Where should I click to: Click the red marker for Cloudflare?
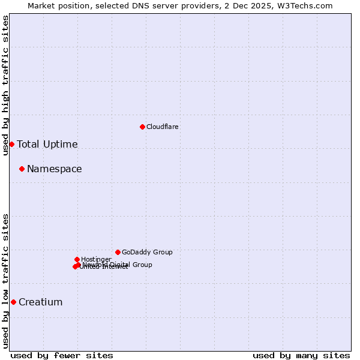coord(142,127)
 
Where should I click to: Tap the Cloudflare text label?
coord(162,127)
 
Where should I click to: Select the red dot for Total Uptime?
coord(11,144)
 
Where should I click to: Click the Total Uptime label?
coord(47,144)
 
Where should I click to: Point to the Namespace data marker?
coord(22,169)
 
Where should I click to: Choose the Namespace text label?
coord(54,169)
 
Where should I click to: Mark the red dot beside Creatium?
coord(13,302)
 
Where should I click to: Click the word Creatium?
coord(40,302)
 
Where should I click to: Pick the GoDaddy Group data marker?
coord(118,252)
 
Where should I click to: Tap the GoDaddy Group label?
coord(147,252)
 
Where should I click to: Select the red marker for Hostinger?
coord(77,259)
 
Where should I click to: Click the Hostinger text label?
coord(96,259)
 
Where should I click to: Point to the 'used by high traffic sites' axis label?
coord(5,85)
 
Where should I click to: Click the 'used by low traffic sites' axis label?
coord(5,281)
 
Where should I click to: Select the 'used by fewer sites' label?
coord(62,355)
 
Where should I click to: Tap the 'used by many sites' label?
coord(301,355)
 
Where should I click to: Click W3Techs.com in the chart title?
coord(304,5)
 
